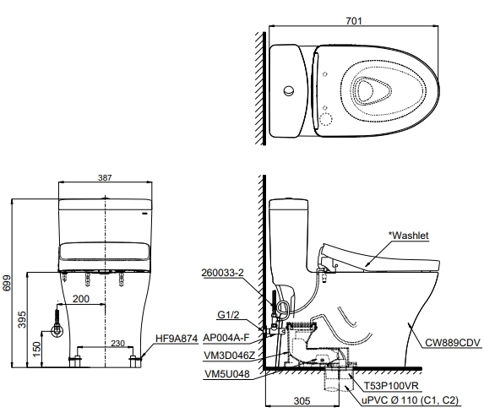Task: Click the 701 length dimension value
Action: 353,20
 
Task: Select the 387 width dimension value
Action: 105,177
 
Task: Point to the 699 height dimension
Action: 7,283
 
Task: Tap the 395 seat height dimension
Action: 22,319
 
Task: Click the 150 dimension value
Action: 36,349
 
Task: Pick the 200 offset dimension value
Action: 81,299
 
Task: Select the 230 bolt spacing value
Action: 117,344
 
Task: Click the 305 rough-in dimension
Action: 302,401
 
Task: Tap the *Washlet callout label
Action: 408,236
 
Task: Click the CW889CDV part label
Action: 453,343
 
